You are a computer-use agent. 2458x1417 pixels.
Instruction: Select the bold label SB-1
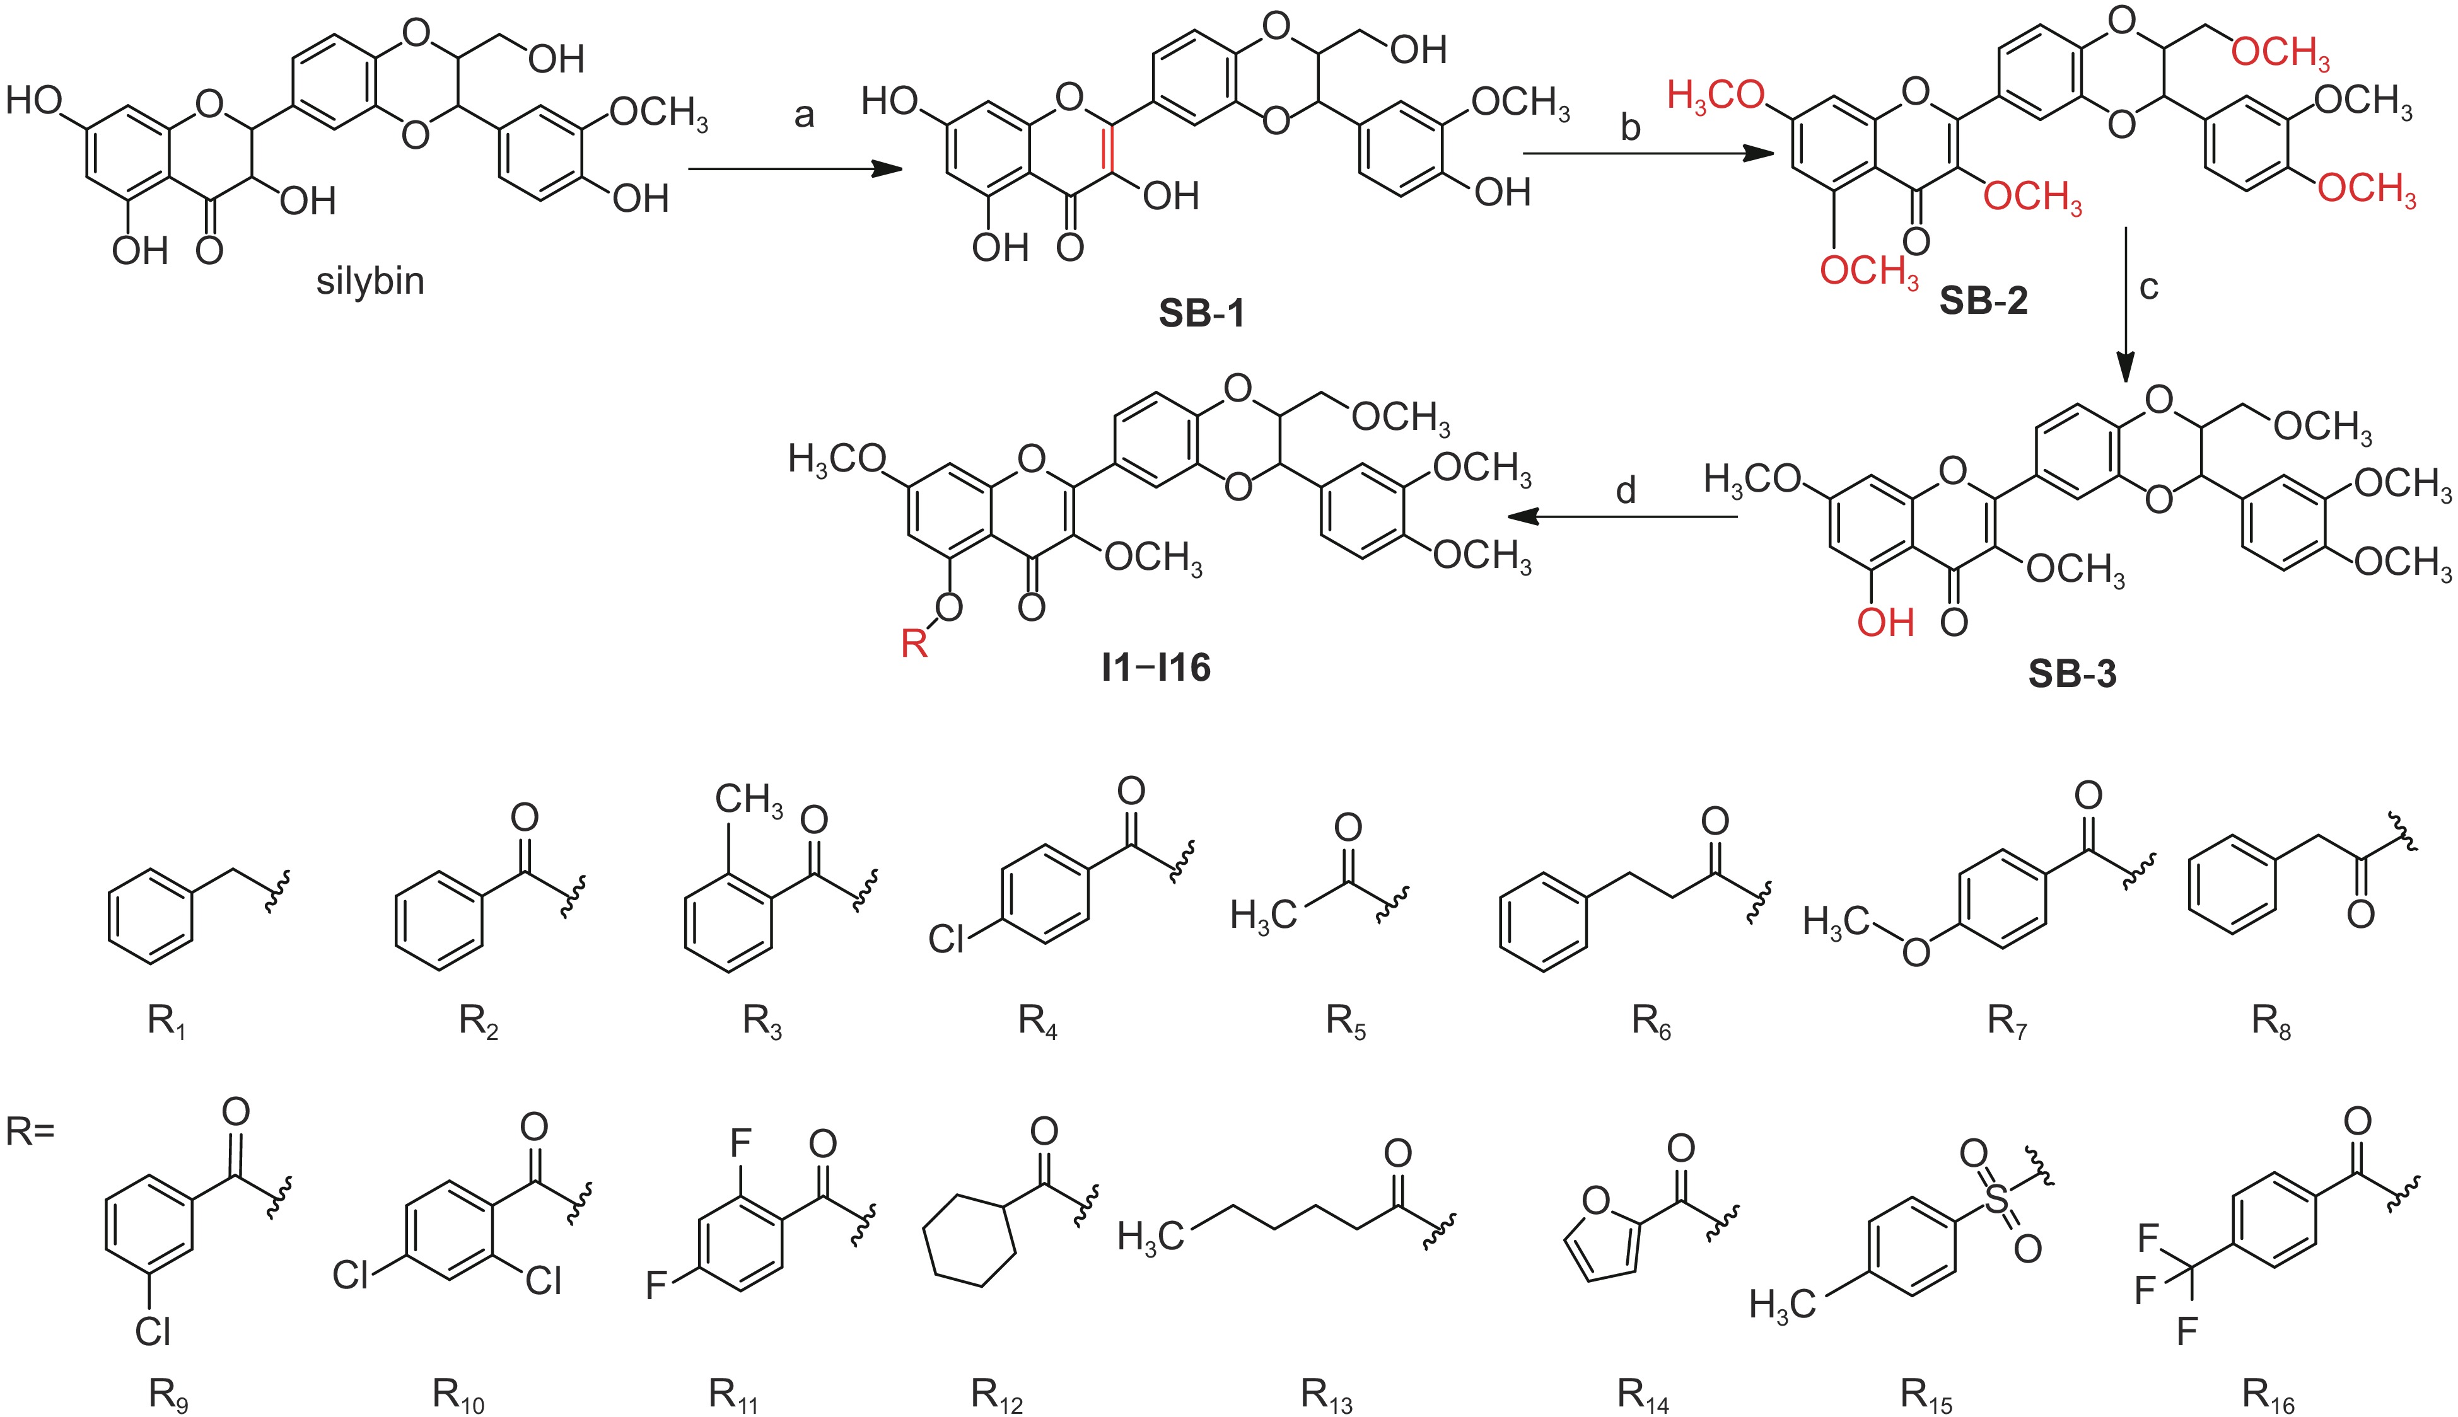click(1201, 313)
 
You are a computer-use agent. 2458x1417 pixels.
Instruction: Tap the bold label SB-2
click(1983, 301)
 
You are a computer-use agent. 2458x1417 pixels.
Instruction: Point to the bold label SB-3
click(2071, 673)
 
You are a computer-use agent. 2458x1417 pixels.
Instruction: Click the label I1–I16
click(1155, 668)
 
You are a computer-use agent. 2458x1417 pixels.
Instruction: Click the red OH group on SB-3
click(1885, 623)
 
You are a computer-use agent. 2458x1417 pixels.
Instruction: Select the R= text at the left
click(30, 1132)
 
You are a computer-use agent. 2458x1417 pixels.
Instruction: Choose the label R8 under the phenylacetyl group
click(2270, 1021)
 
